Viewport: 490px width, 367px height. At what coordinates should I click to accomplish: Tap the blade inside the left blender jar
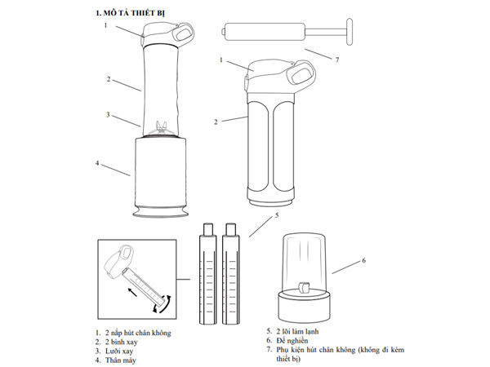[x=161, y=128]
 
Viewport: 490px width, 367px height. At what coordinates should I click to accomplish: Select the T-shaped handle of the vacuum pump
[x=350, y=32]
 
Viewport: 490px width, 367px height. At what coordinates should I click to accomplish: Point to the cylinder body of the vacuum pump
[x=265, y=32]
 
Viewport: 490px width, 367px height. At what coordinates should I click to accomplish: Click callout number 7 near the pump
[x=336, y=60]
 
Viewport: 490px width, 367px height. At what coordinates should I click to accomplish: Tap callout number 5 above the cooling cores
[x=277, y=215]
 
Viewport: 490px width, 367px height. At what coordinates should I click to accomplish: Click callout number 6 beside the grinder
[x=363, y=260]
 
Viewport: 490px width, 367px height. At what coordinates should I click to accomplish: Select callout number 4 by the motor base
[x=97, y=163]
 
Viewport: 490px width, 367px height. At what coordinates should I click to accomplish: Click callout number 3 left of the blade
[x=108, y=115]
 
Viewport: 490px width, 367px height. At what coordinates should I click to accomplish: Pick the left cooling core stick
[x=207, y=274]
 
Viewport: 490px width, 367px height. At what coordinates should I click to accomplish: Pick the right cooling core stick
[x=231, y=274]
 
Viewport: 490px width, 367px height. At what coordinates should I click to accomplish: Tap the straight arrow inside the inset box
[x=132, y=292]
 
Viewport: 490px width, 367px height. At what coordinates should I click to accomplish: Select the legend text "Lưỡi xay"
[x=119, y=351]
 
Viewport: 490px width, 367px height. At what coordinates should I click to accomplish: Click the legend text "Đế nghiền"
[x=292, y=340]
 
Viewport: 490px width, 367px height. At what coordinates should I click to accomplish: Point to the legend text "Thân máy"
[x=121, y=360]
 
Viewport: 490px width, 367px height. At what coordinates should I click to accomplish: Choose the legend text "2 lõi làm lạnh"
[x=297, y=331]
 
